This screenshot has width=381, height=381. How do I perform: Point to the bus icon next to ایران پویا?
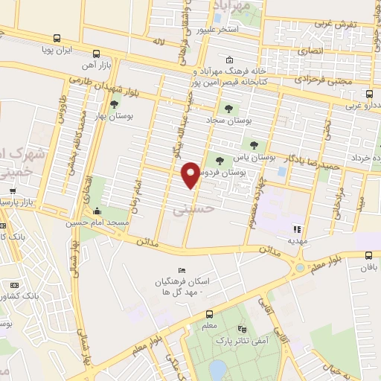pos(96,54)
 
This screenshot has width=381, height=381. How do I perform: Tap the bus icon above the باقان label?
pos(369,254)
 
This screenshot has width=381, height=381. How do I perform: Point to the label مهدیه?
pos(297,241)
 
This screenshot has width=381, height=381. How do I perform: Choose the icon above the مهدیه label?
pos(297,229)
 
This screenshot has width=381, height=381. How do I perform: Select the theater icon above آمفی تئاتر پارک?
pos(240,329)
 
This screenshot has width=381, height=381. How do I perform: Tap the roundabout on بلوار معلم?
pos(299,267)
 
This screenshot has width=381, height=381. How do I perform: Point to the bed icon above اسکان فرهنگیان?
pos(179,270)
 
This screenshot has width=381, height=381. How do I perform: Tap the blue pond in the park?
pos(217,370)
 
